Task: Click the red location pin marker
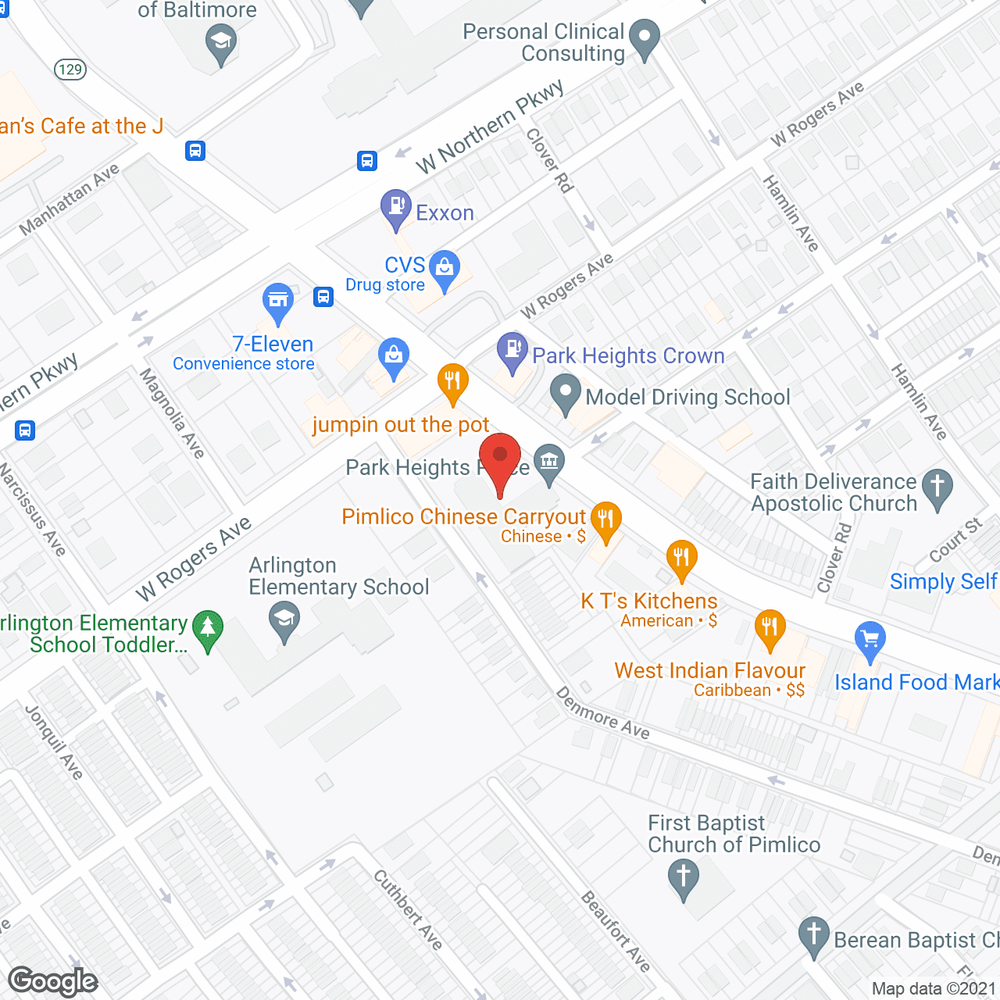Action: pyautogui.click(x=499, y=457)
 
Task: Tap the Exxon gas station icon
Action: pyautogui.click(x=396, y=208)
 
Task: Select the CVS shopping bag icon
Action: pyautogui.click(x=445, y=268)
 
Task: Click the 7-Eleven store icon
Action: pyautogui.click(x=277, y=301)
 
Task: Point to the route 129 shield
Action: pyautogui.click(x=70, y=70)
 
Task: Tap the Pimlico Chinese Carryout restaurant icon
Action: pyautogui.click(x=605, y=519)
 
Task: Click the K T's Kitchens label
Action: pyautogui.click(x=648, y=601)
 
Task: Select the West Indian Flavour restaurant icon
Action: pyautogui.click(x=770, y=627)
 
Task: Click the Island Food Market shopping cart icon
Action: pyautogui.click(x=870, y=639)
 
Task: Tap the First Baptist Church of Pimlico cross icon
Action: pyautogui.click(x=684, y=877)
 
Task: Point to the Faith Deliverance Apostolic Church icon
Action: pyautogui.click(x=937, y=487)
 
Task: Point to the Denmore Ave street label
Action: pyautogui.click(x=602, y=712)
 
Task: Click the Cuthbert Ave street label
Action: pyautogui.click(x=408, y=909)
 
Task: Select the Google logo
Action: pyautogui.click(x=53, y=981)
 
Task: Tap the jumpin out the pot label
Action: pyautogui.click(x=400, y=425)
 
